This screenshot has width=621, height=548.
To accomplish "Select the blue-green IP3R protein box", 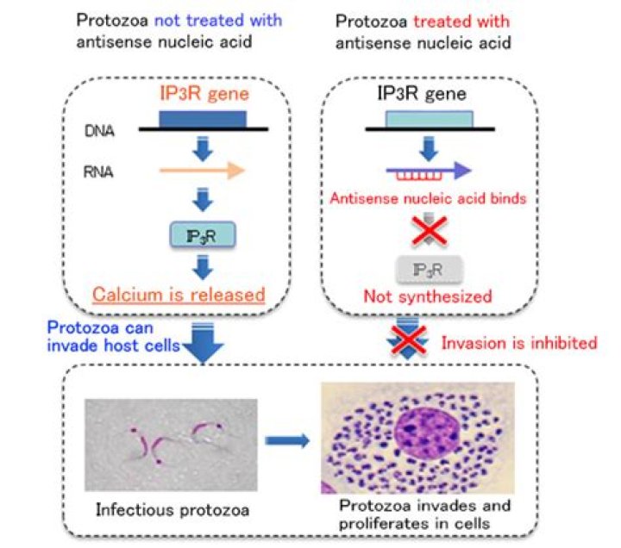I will (x=202, y=233).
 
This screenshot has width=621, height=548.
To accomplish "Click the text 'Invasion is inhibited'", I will (x=519, y=343).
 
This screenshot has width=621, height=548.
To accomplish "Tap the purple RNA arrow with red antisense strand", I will (x=429, y=171).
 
